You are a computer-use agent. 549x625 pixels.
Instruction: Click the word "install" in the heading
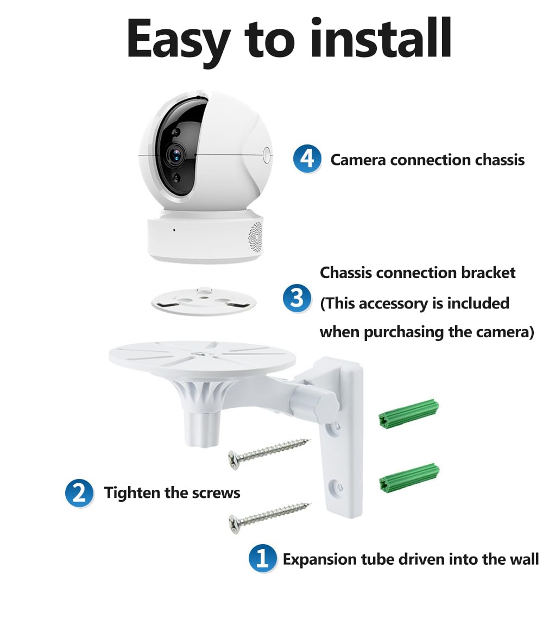pos(381,39)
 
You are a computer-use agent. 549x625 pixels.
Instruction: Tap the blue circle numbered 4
pos(307,159)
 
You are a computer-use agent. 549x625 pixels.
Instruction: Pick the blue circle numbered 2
pos(79,493)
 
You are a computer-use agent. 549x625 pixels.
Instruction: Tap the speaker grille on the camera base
pos(256,237)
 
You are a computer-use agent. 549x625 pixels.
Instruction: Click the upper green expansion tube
pos(408,414)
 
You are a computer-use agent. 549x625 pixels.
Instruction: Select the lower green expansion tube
pos(409,478)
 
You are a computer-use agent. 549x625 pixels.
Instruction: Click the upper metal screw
pos(268,453)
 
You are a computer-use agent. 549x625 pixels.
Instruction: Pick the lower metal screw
pos(269,517)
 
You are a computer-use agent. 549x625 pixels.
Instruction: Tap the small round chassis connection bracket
pos(204,301)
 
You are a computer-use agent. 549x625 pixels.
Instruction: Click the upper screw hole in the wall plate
pos(336,427)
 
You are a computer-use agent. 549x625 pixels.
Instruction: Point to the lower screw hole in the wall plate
pos(336,487)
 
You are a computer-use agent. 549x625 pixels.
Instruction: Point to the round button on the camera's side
pos(267,155)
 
